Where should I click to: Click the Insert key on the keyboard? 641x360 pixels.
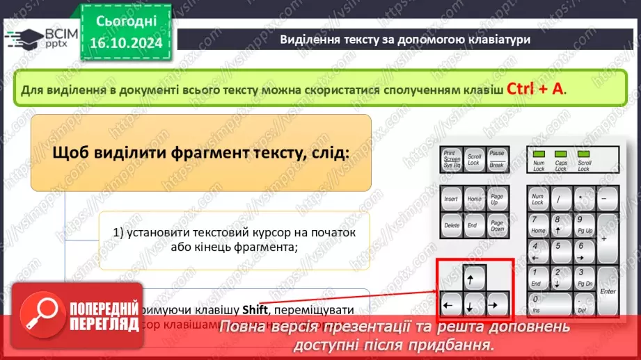click(x=451, y=199)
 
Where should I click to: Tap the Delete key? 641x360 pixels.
click(x=451, y=225)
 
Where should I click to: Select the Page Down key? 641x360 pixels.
click(x=497, y=225)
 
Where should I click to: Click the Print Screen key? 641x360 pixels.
click(x=452, y=159)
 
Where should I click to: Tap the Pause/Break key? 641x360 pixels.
click(x=497, y=159)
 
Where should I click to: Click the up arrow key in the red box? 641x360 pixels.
click(x=473, y=278)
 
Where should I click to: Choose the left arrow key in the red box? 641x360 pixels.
click(x=451, y=304)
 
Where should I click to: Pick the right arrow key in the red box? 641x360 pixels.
click(x=496, y=304)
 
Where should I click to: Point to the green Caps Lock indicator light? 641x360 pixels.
click(x=561, y=154)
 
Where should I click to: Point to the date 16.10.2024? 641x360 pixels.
click(x=125, y=44)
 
